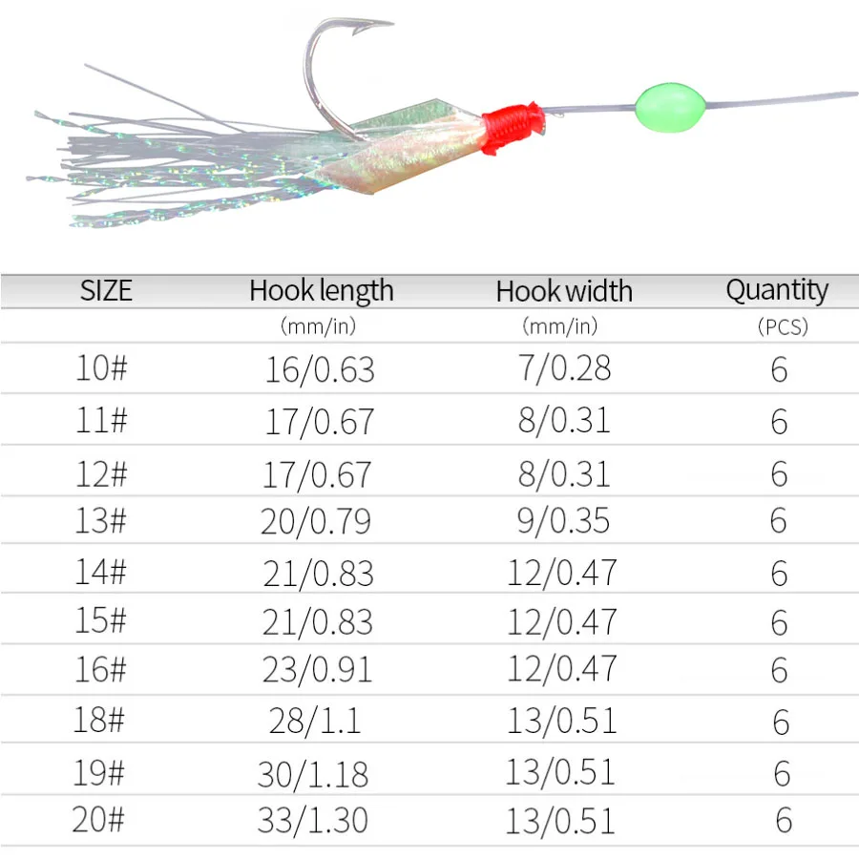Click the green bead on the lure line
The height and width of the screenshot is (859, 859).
671,102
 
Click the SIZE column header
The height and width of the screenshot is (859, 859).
106,290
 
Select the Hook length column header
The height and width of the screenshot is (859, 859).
321,290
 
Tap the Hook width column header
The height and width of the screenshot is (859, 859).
564,291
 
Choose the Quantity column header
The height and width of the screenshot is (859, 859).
777,289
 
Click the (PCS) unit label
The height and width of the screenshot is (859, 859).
782,326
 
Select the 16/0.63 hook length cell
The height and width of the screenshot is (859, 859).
320,369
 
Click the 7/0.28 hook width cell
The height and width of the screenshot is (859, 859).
564,368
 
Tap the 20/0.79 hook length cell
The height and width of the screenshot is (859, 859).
316,521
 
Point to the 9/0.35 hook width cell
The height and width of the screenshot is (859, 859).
563,521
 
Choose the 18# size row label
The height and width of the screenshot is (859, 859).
99,720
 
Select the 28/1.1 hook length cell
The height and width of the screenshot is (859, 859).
315,722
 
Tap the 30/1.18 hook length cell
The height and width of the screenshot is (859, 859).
313,773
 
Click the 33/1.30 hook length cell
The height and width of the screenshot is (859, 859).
313,820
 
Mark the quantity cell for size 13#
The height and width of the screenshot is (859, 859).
779,521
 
